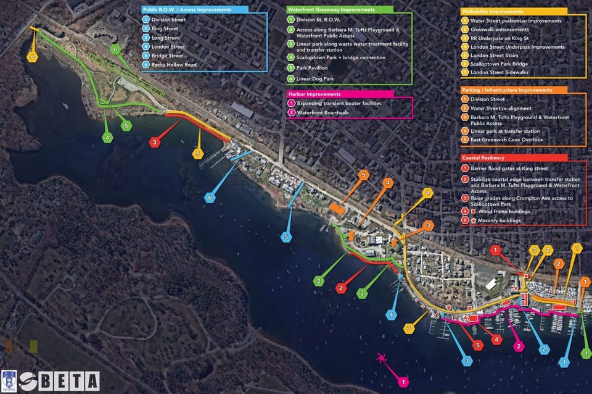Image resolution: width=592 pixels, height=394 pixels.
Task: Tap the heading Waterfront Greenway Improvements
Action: (x=331, y=10)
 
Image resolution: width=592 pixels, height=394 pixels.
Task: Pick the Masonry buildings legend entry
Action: (x=499, y=220)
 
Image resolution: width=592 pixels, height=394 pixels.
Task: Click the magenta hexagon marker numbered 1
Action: (x=403, y=383)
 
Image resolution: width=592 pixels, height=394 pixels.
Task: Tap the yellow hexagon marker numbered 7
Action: (x=408, y=328)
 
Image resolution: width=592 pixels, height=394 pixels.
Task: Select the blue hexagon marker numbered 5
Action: (x=287, y=237)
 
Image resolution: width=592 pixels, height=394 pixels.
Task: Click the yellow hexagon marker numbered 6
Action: (x=33, y=56)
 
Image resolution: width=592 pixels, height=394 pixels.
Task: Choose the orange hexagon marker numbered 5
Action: (x=363, y=175)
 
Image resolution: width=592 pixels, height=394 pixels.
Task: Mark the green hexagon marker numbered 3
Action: (x=319, y=282)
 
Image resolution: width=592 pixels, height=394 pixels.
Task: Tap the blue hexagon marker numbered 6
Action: (x=211, y=198)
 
